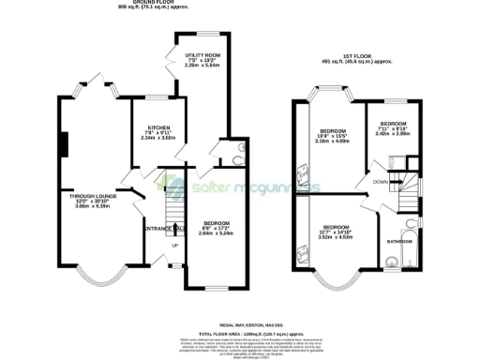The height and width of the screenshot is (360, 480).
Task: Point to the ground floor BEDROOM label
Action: pyautogui.click(x=217, y=223)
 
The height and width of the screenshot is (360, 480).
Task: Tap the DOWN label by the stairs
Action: pyautogui.click(x=379, y=181)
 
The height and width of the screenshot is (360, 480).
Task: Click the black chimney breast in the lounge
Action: pyautogui.click(x=64, y=145)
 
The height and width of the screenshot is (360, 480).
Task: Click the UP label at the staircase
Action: pyautogui.click(x=173, y=247)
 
